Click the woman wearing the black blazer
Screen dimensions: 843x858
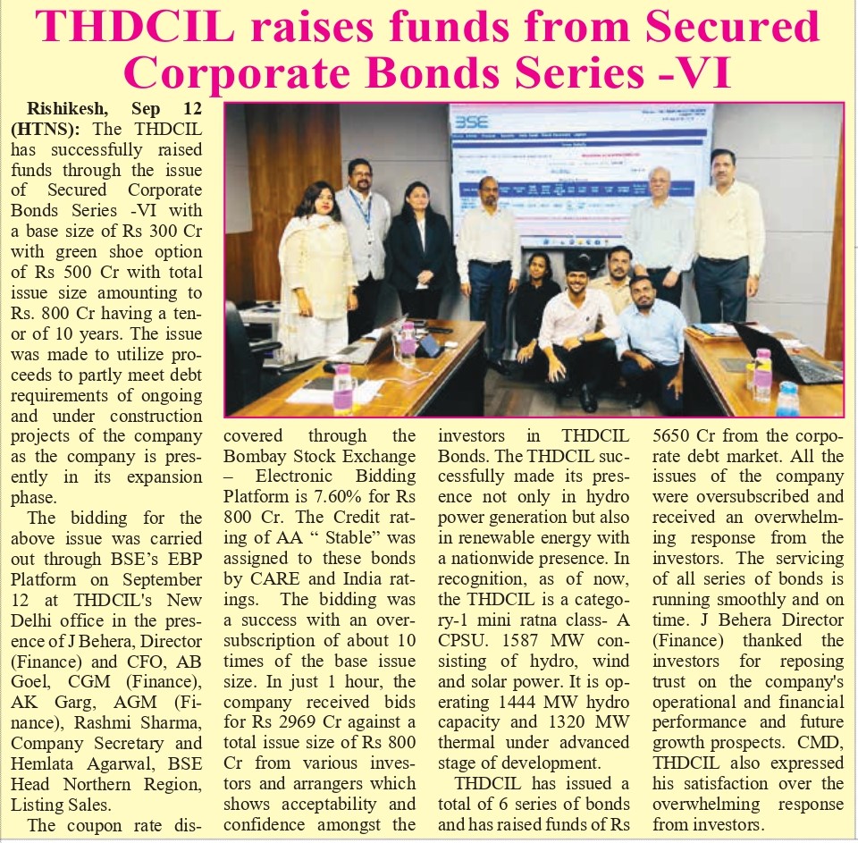point(419,255)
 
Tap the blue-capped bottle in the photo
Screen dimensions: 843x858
point(786,400)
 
